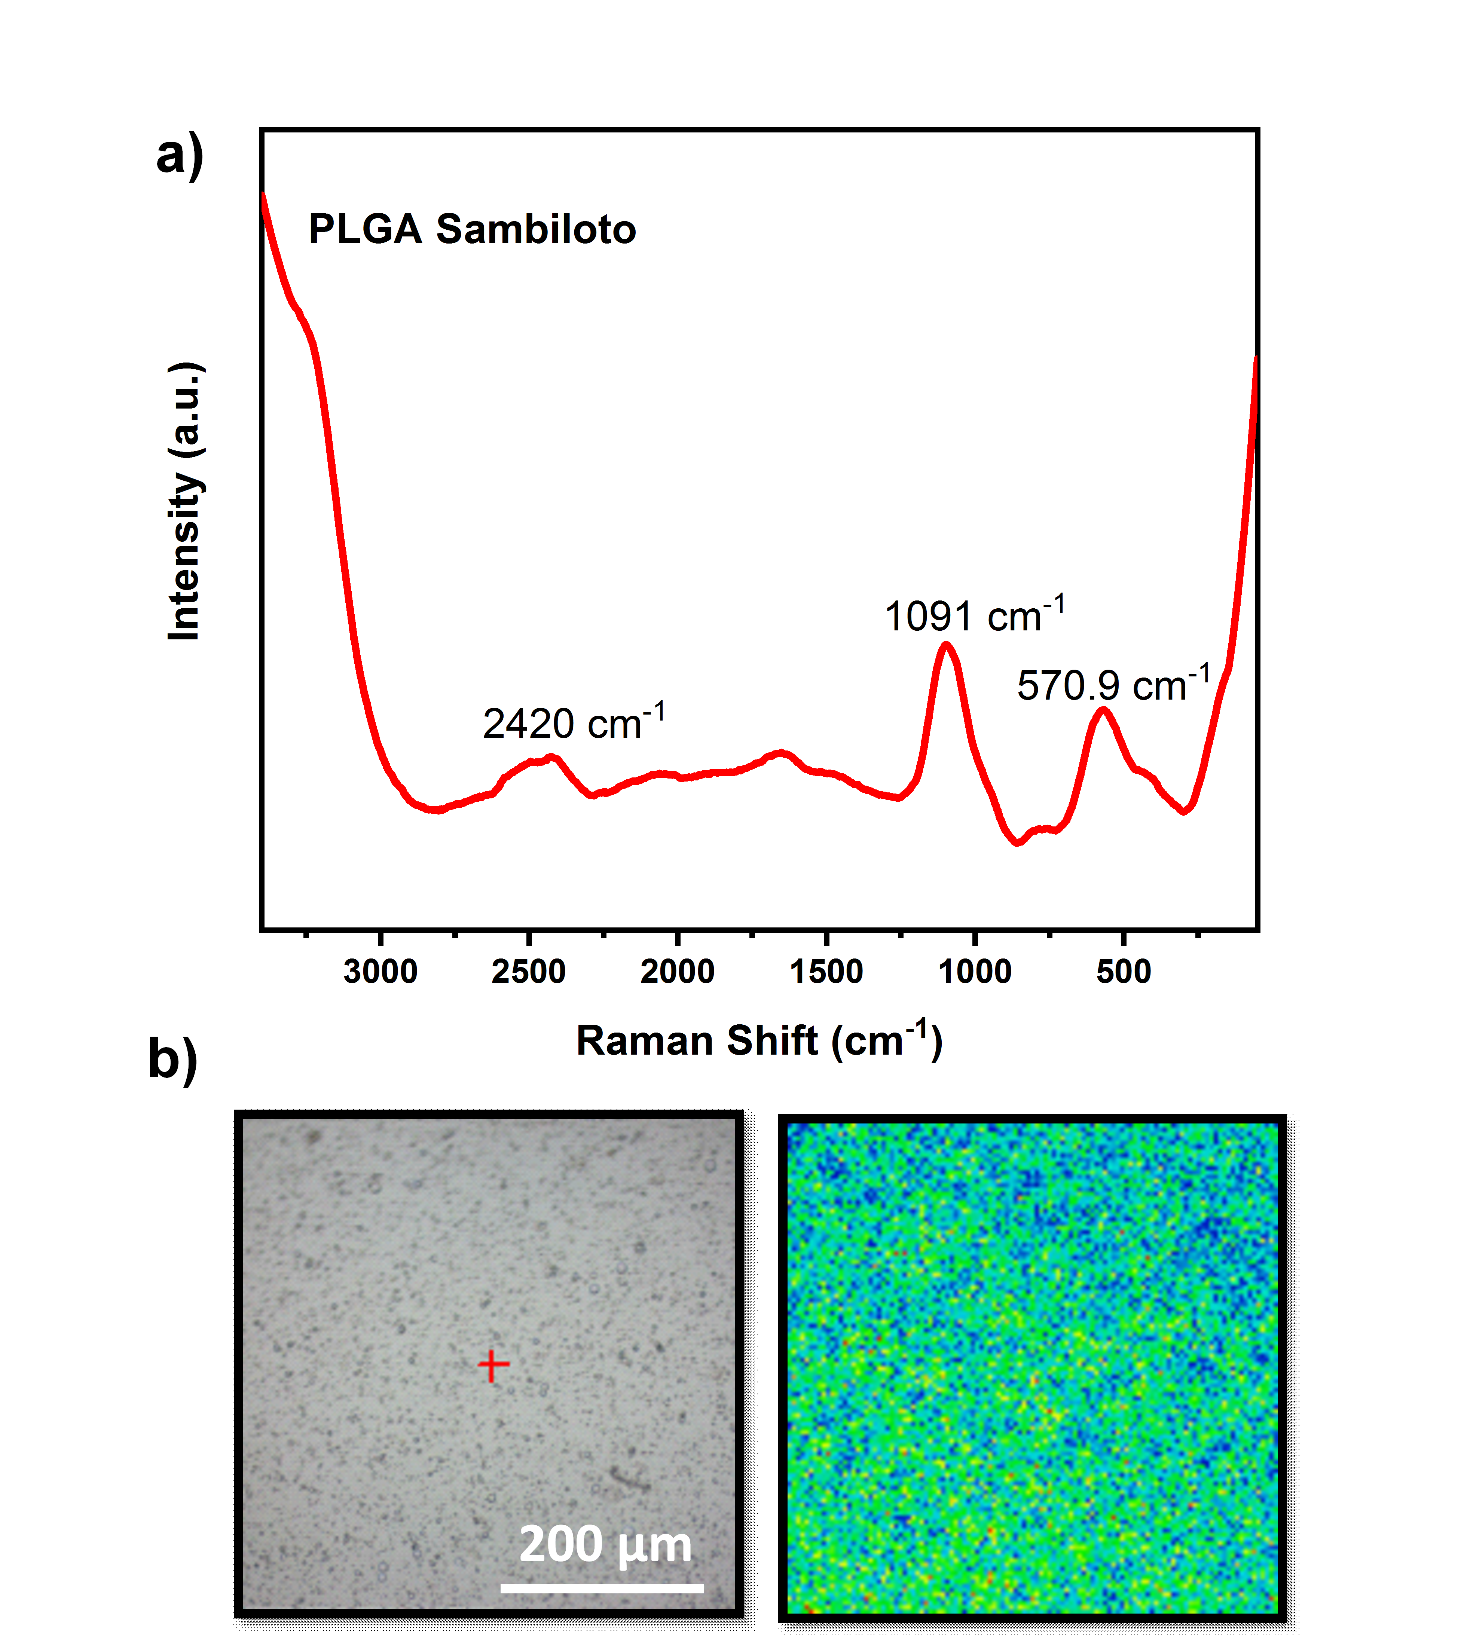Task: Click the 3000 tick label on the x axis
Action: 380,972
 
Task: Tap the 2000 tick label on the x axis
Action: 677,972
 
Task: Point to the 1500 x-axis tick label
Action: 826,972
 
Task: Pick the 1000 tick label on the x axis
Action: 975,972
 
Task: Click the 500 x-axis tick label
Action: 1124,972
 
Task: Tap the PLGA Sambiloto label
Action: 472,229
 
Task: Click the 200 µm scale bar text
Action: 605,1545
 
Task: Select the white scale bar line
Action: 602,1588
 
